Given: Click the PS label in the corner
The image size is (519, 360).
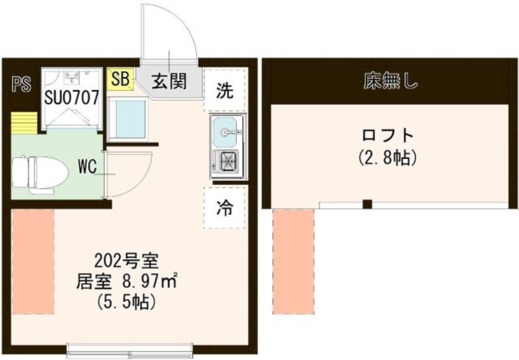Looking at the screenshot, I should (x=21, y=84).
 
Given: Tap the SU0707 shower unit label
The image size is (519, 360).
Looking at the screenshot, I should (x=71, y=98).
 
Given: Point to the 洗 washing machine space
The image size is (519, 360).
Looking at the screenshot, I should (x=224, y=91).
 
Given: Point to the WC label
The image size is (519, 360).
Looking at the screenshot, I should (x=88, y=166).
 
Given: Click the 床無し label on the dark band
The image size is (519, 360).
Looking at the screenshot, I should (x=390, y=82).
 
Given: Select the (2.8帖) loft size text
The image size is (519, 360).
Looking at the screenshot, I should (x=387, y=157).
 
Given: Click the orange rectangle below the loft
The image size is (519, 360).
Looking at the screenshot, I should (x=293, y=259).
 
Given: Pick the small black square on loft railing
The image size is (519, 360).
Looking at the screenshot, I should (x=367, y=205).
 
